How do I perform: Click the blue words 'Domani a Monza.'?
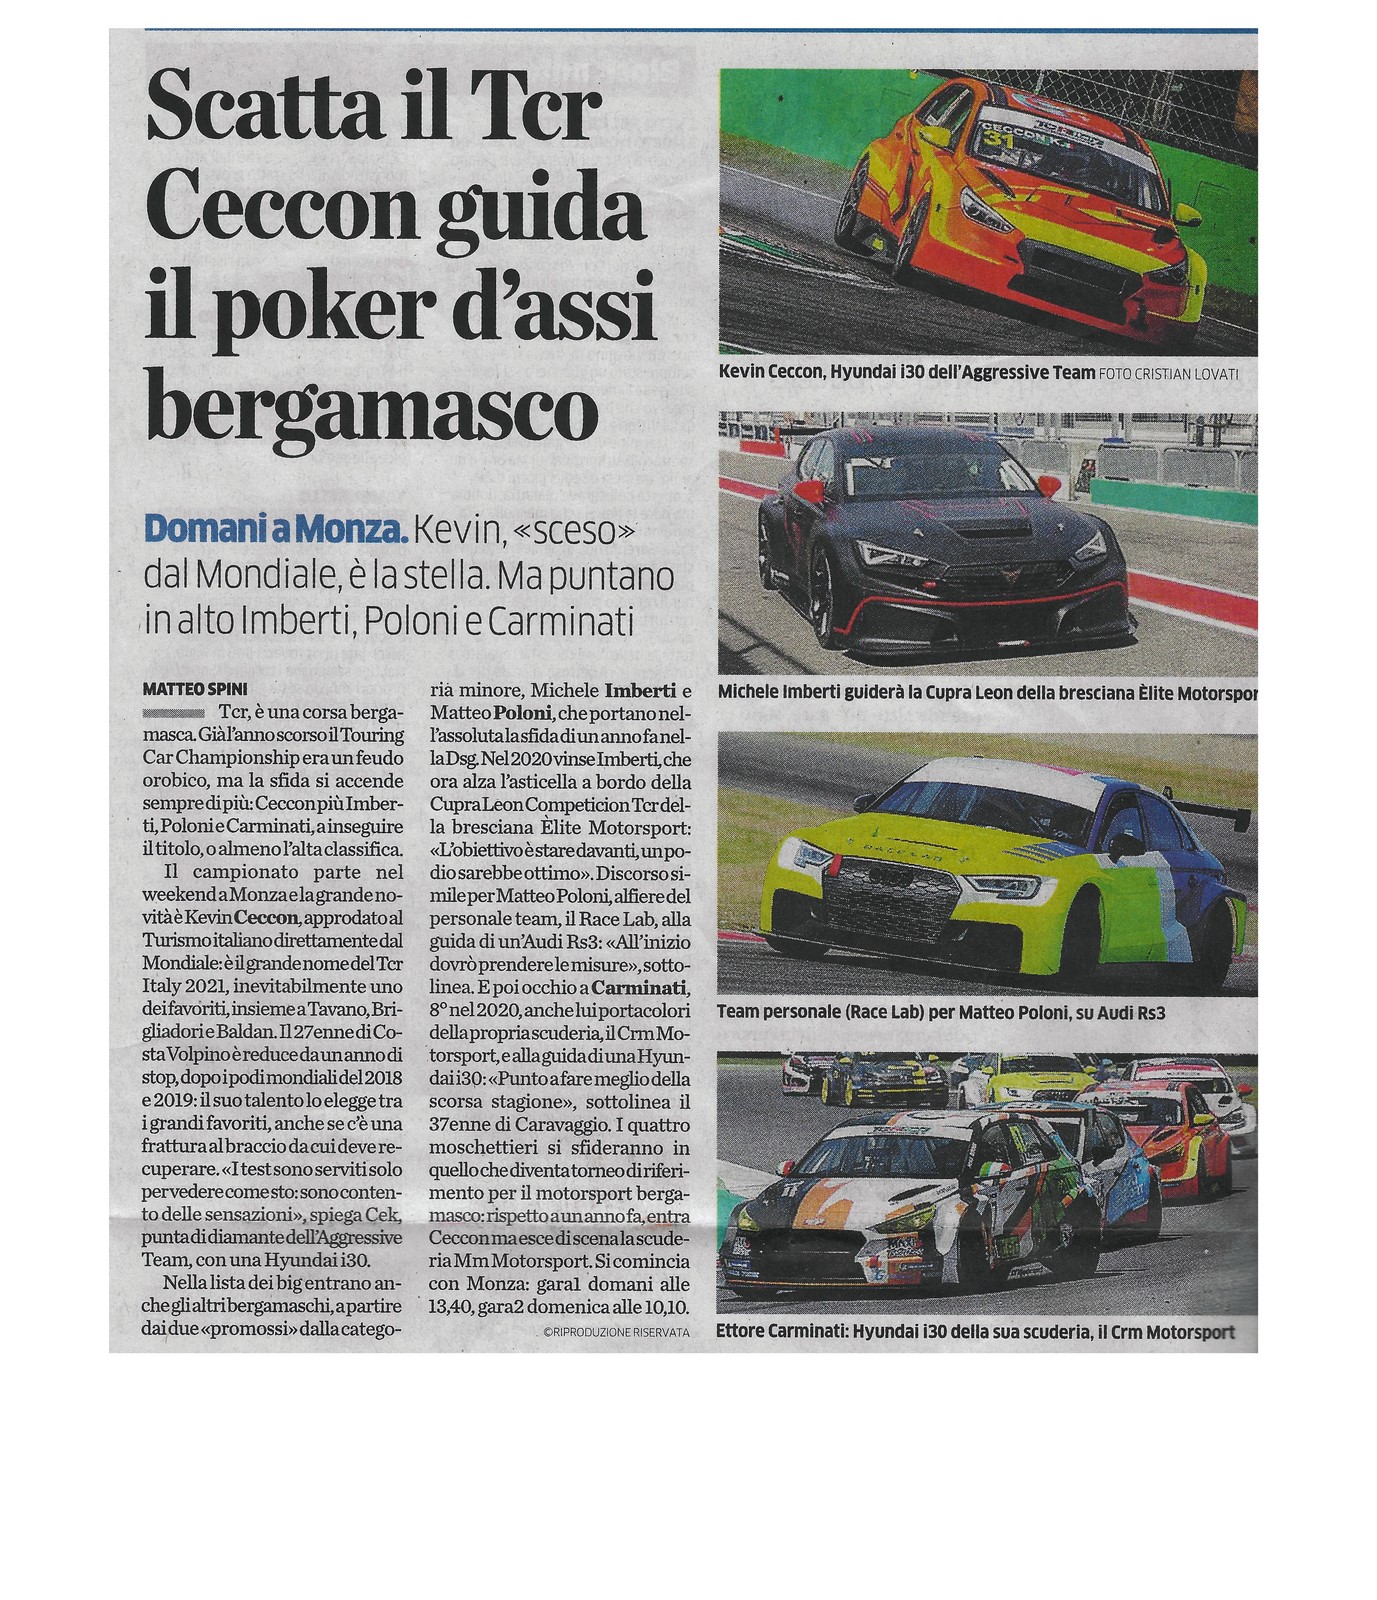coord(276,530)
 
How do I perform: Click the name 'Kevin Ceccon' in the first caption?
coord(770,372)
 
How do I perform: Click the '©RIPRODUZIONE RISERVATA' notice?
coord(617,1332)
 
